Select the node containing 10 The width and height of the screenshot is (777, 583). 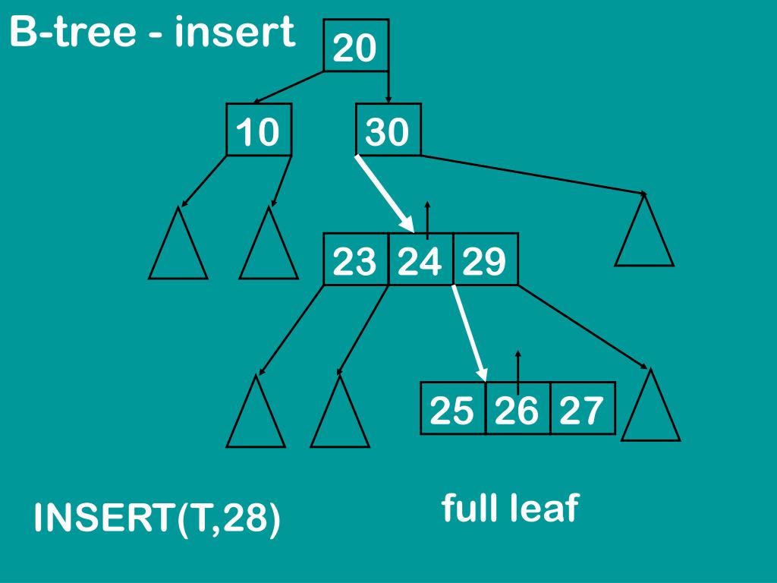(x=259, y=131)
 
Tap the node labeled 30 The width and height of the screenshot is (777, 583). (x=388, y=131)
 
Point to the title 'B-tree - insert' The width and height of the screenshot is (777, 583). (x=152, y=33)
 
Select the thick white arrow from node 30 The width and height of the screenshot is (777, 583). (x=385, y=193)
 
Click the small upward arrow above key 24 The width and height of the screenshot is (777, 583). (x=427, y=219)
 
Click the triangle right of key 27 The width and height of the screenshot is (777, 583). (x=650, y=410)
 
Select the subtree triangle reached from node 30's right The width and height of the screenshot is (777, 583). (x=644, y=235)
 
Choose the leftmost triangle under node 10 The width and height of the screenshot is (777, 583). (x=178, y=247)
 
